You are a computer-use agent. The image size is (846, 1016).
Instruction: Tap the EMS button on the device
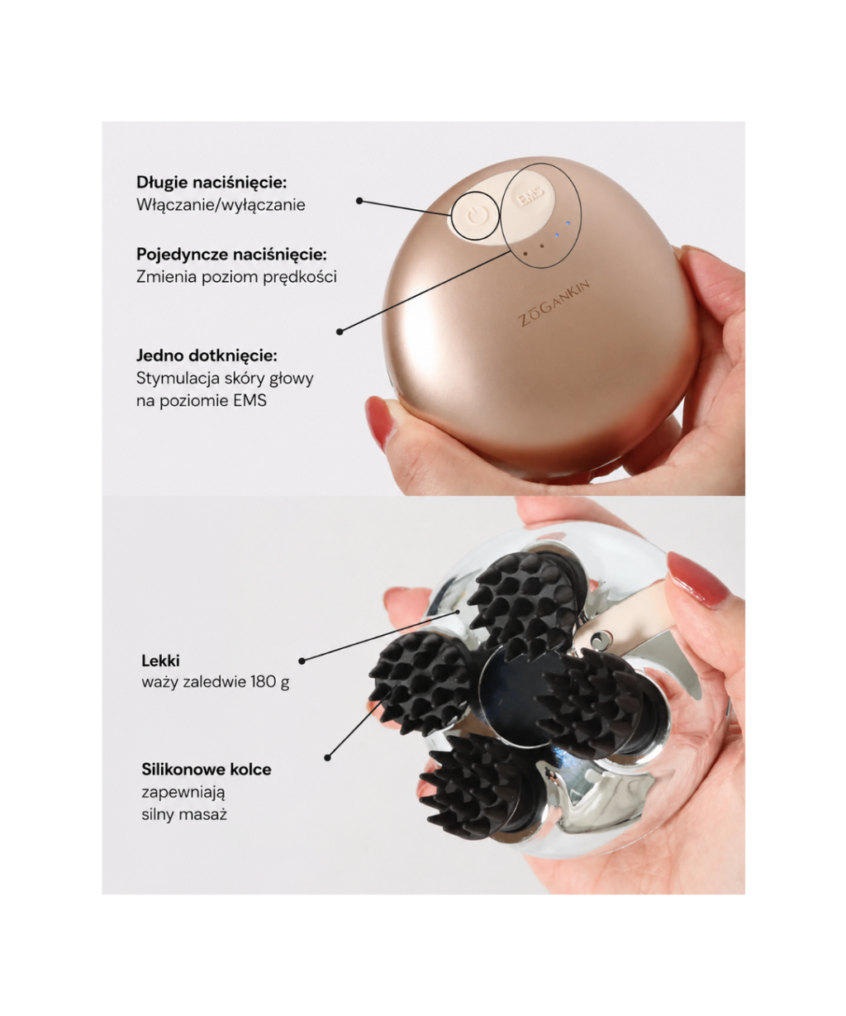[x=529, y=198]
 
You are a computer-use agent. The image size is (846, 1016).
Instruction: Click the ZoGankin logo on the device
[x=554, y=303]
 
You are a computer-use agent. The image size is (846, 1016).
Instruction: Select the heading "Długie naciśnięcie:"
[x=211, y=183]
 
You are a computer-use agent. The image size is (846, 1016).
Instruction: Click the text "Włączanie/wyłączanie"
[x=221, y=205]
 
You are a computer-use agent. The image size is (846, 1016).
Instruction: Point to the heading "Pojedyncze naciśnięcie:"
[x=231, y=254]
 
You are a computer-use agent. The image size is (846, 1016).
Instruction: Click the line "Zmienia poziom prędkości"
[x=236, y=277]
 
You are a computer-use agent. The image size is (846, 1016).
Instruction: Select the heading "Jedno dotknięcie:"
[x=207, y=355]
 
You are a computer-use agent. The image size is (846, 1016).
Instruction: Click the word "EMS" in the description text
[x=250, y=400]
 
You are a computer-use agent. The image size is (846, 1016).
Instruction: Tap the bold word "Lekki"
[x=160, y=661]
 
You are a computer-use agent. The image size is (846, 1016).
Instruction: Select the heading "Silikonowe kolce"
[x=207, y=769]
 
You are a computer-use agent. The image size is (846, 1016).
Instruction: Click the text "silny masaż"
[x=184, y=814]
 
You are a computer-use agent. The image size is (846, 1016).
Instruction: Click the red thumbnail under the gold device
[x=378, y=421]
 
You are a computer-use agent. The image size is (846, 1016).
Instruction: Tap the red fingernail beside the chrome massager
[x=696, y=578]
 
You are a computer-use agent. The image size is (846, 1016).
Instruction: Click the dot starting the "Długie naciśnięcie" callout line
[x=359, y=201]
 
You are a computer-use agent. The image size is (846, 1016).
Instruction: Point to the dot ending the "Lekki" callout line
[x=302, y=661]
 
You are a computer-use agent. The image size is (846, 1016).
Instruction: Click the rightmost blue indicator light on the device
[x=568, y=223]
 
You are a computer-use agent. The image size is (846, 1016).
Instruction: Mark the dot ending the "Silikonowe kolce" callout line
[x=327, y=757]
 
